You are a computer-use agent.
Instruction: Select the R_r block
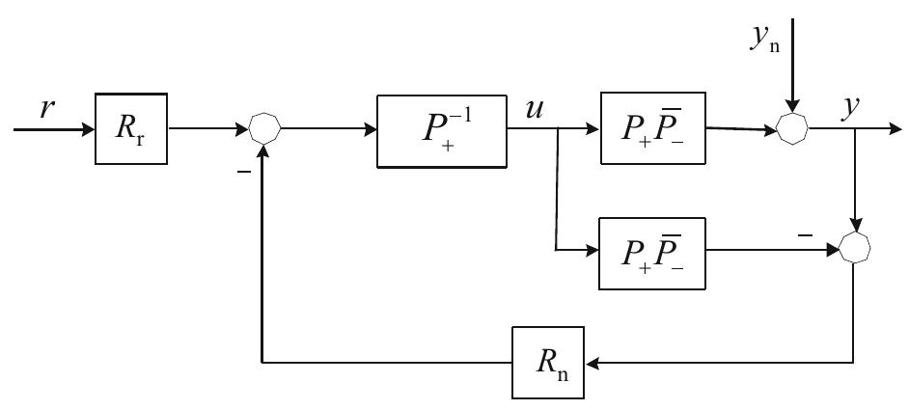(x=131, y=129)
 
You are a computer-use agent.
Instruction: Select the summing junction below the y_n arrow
(x=791, y=129)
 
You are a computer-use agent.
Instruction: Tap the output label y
(x=850, y=108)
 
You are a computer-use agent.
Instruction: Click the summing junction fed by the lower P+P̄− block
(x=855, y=249)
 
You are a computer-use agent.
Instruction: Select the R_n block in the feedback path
(x=547, y=363)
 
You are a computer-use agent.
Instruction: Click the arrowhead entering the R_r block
(x=88, y=129)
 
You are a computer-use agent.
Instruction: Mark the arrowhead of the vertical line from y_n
(x=791, y=108)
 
